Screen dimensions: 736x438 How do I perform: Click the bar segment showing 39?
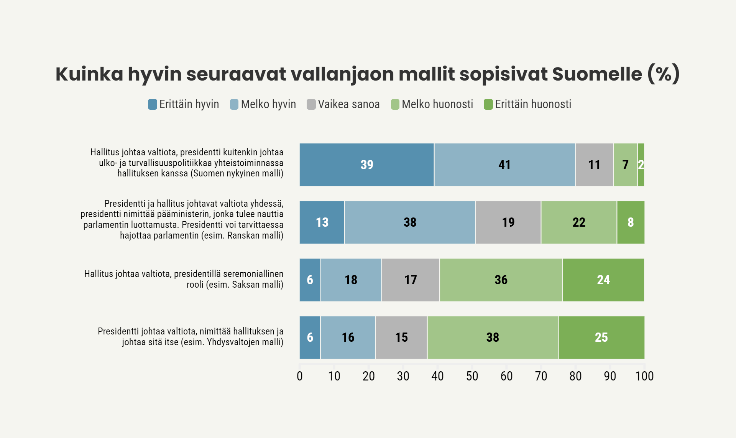tap(366, 165)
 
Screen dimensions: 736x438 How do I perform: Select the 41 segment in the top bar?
tap(504, 165)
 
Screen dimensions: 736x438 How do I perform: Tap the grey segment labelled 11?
tap(594, 165)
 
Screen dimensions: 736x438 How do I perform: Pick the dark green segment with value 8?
tap(631, 222)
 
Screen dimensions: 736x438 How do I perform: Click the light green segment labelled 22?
tap(579, 222)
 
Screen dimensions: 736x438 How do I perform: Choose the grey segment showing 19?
tap(508, 222)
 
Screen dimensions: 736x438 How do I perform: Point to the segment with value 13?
tap(322, 222)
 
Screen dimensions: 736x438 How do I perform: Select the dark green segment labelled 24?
tap(603, 280)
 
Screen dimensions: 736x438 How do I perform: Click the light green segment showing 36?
tap(501, 280)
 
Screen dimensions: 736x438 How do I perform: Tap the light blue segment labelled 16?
tap(348, 338)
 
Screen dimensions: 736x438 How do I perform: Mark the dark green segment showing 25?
tap(601, 338)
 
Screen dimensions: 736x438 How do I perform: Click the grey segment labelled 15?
tap(401, 338)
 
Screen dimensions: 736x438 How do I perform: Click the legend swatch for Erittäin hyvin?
tap(153, 104)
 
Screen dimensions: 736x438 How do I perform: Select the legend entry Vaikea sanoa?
tap(343, 104)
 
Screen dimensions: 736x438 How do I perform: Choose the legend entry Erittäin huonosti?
tap(527, 104)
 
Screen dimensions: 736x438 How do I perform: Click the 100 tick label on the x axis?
tap(644, 376)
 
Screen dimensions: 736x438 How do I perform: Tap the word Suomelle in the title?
tap(597, 74)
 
